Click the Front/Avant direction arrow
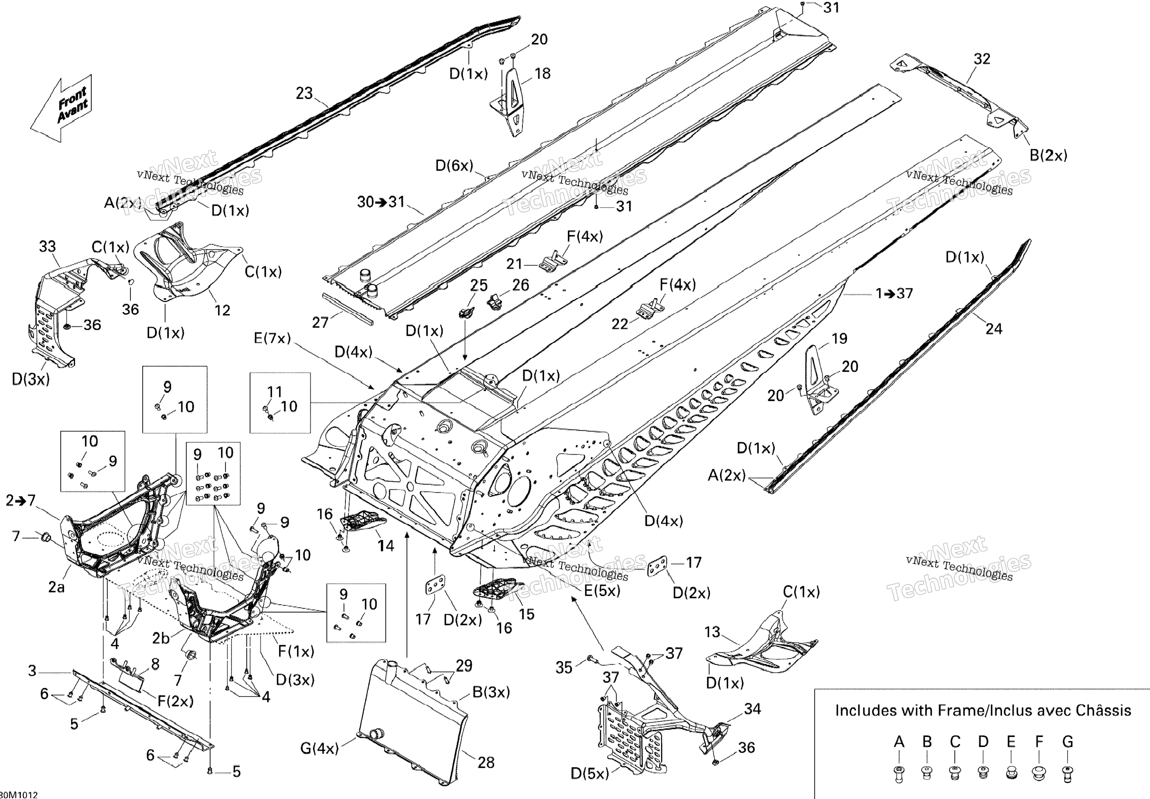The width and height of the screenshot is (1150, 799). (63, 109)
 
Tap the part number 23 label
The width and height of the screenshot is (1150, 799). (304, 93)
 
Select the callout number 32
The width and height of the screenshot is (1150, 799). (982, 59)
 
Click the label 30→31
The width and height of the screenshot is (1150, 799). (381, 202)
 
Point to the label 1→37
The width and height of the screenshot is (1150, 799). (895, 293)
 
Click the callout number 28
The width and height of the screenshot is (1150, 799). (486, 762)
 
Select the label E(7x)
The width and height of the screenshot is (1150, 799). (272, 338)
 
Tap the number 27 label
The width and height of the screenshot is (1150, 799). (320, 322)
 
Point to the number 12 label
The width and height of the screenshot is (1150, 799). (222, 310)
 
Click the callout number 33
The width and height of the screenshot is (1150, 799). (47, 246)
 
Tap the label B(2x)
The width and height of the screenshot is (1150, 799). (1048, 156)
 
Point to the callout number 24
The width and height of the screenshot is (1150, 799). (994, 329)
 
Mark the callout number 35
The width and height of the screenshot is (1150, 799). (564, 667)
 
